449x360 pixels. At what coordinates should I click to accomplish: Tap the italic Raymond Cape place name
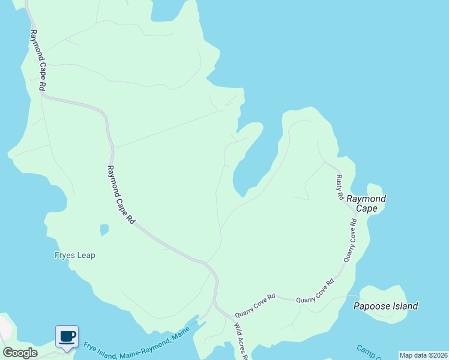click(367, 203)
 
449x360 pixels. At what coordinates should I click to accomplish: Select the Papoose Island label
click(385, 306)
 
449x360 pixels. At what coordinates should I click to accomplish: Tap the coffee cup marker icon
click(67, 336)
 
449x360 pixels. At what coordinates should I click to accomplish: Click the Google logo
click(20, 353)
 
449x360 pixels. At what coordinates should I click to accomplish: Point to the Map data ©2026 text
click(423, 355)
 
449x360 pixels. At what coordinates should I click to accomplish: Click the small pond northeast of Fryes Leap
click(104, 230)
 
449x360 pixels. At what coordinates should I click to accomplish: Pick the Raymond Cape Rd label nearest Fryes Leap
click(121, 195)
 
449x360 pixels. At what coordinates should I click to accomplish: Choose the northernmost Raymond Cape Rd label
click(38, 60)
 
